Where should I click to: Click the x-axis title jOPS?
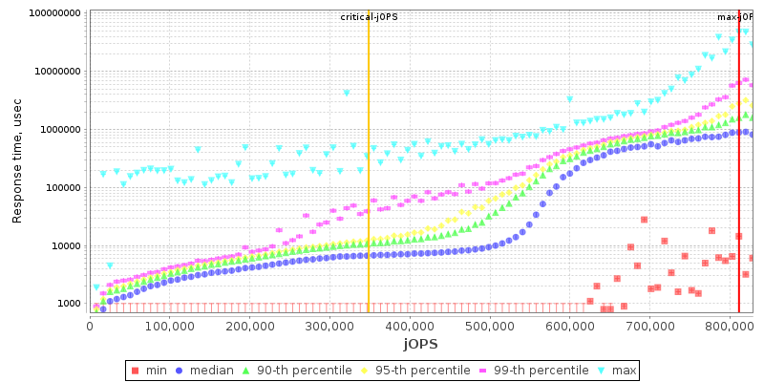pos(420,344)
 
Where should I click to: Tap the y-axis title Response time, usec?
pos(16,160)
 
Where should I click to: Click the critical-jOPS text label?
pos(368,17)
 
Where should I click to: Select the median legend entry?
pos(211,370)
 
